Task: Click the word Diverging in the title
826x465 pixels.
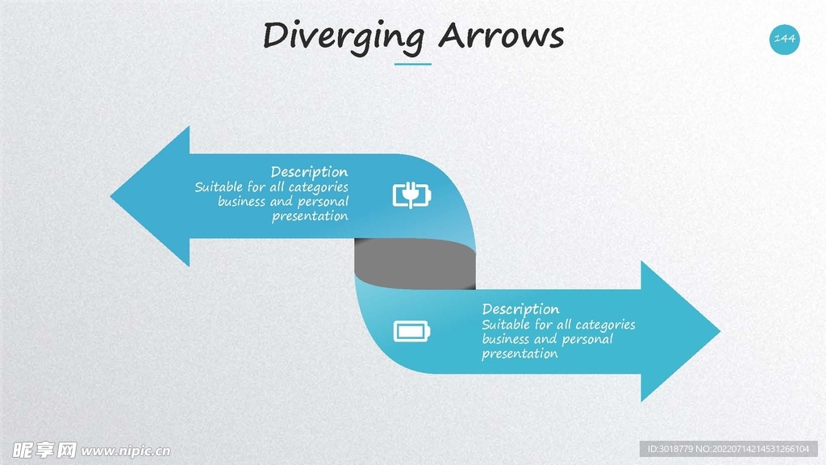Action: (344, 36)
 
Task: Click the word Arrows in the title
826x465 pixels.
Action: (500, 36)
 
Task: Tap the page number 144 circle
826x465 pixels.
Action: (784, 39)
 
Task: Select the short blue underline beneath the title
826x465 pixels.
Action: (412, 64)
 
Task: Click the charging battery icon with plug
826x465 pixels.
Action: (412, 195)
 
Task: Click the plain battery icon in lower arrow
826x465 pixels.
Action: (412, 331)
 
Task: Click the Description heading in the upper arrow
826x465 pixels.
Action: (309, 172)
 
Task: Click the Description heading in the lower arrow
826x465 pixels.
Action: (520, 309)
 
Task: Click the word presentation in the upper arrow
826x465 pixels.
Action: (310, 216)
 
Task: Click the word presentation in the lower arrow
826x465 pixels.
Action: (519, 354)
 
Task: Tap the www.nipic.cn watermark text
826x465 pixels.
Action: (126, 450)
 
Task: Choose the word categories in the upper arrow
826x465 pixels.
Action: (318, 187)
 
